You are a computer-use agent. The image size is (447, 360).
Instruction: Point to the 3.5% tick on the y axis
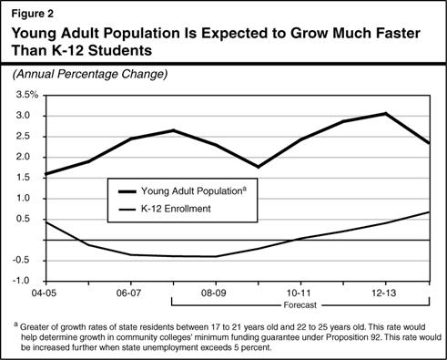pos(25,95)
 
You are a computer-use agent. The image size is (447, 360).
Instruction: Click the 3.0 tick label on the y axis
pos(27,116)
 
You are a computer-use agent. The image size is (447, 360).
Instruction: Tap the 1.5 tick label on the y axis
pos(27,178)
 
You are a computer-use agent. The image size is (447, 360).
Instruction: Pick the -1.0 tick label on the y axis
pos(25,281)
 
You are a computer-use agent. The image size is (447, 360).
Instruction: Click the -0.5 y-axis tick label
pos(25,260)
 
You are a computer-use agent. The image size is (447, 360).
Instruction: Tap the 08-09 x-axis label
pos(214,295)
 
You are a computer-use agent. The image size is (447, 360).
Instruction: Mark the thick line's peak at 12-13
pos(386,114)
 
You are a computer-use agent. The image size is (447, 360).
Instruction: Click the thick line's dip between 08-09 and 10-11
pos(258,167)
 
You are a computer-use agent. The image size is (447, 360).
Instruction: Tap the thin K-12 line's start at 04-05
pos(44,221)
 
